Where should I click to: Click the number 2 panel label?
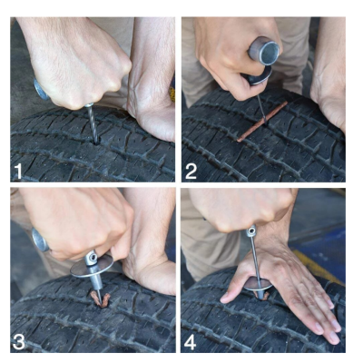[x=191, y=171]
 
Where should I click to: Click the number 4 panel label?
[x=191, y=340]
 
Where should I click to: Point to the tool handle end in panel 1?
[x=41, y=89]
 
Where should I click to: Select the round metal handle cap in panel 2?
[x=265, y=49]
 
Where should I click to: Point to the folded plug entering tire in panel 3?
[x=94, y=296]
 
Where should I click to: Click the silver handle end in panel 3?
[x=39, y=241]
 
